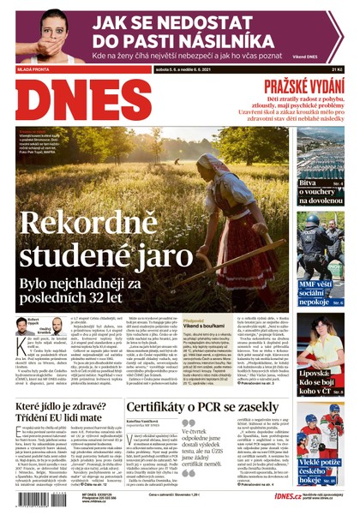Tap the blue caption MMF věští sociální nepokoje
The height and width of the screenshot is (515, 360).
pos(320,290)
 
